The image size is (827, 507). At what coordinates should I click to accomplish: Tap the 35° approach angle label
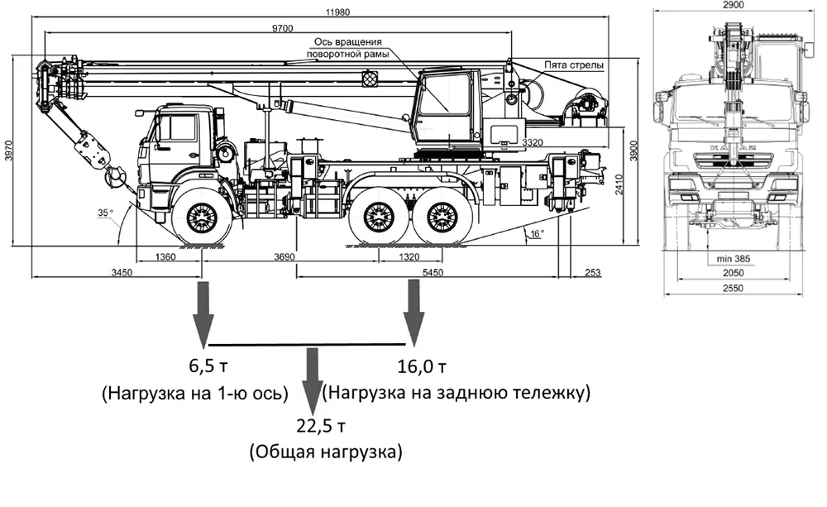pos(105,213)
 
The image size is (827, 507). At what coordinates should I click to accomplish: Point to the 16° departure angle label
pos(536,234)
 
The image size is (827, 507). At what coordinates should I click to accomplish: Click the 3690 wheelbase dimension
pos(284,257)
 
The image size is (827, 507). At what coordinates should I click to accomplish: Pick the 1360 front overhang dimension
pos(165,257)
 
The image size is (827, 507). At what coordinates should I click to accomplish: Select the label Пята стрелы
pos(573,65)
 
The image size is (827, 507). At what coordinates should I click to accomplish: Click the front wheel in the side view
pos(202,218)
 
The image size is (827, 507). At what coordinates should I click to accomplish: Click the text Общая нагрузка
pos(325,452)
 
